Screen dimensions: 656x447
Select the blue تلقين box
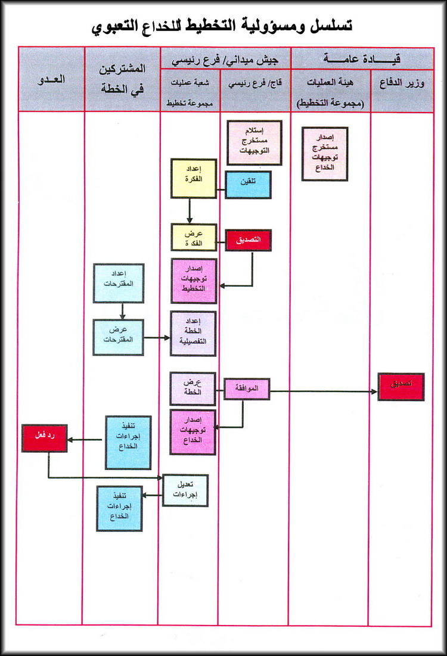[248, 185]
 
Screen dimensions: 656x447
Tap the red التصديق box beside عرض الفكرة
[248, 240]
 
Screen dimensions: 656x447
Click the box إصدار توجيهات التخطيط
[194, 281]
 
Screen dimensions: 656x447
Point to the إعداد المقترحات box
[118, 282]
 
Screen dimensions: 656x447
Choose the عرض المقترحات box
[118, 337]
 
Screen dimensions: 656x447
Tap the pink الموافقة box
[247, 390]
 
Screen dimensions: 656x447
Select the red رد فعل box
[45, 438]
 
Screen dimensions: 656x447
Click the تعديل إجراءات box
[185, 490]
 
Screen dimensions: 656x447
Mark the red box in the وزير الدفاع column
[401, 387]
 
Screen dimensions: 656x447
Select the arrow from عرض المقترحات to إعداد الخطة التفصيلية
[157, 338]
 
